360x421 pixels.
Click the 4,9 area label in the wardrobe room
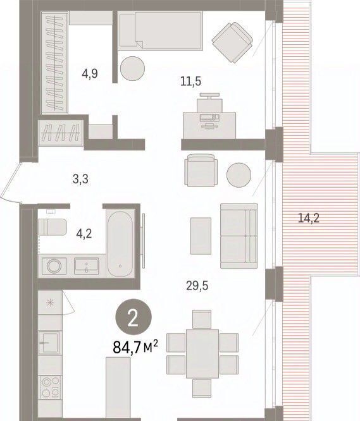(x=90, y=73)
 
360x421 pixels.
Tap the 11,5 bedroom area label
(x=190, y=81)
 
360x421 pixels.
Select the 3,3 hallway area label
(x=80, y=179)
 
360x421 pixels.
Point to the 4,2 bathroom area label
(x=84, y=234)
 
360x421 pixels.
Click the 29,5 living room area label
(x=197, y=286)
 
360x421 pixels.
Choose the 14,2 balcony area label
(x=309, y=217)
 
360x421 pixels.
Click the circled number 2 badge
(x=133, y=317)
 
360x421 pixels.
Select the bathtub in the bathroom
(x=120, y=243)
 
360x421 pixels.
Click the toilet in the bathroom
(x=52, y=226)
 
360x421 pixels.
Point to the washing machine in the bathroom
(x=54, y=265)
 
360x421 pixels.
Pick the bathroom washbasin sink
(x=87, y=265)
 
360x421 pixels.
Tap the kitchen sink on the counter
(x=49, y=341)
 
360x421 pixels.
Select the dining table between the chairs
(x=202, y=354)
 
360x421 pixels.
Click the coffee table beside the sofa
(x=201, y=236)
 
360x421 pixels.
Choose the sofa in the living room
(x=239, y=236)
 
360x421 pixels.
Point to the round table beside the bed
(x=132, y=68)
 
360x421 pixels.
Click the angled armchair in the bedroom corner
(x=232, y=42)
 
